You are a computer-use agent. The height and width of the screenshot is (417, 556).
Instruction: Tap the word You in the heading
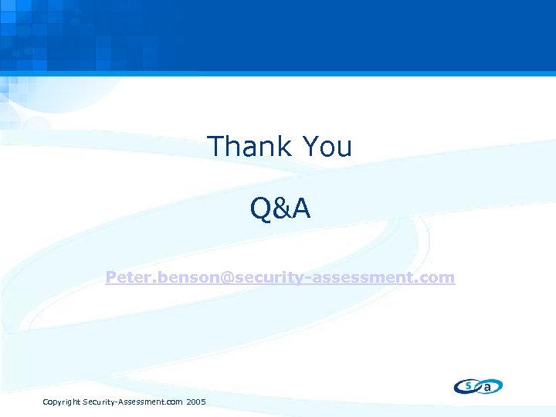pos(327,146)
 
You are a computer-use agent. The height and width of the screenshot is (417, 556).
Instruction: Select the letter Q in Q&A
pos(260,208)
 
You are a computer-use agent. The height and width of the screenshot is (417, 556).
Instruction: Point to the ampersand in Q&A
pos(280,208)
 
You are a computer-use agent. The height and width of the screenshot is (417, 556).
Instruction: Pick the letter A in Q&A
pos(301,208)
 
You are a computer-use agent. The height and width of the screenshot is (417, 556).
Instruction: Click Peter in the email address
pos(126,276)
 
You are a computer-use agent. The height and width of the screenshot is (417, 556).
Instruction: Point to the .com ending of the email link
pos(436,276)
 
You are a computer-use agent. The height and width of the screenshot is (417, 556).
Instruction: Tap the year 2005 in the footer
pos(196,402)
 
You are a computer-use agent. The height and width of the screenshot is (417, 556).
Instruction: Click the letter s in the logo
pos(468,385)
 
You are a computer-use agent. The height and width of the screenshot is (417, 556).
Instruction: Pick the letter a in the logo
pos(487,387)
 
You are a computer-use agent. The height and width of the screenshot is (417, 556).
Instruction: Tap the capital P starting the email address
pos(111,276)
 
